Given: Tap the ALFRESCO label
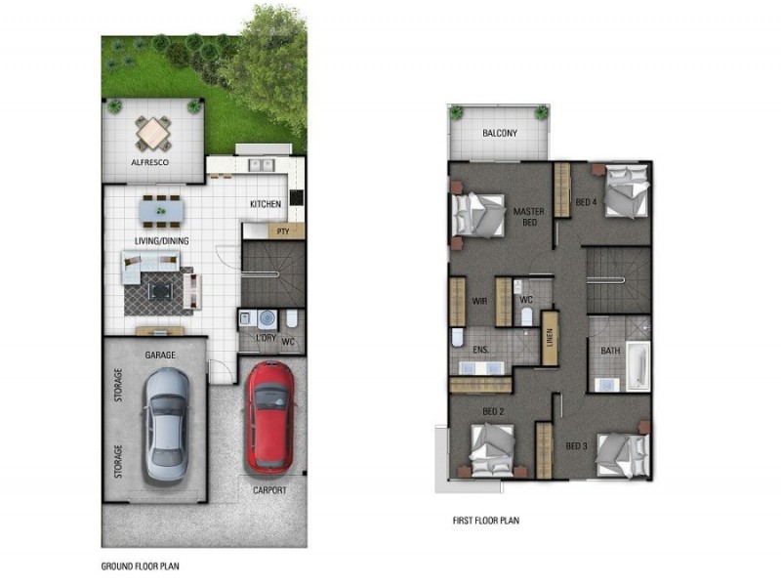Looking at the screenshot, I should [150, 163].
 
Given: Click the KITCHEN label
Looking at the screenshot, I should [265, 204].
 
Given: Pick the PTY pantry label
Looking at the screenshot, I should [284, 231].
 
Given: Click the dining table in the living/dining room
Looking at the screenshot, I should [160, 209].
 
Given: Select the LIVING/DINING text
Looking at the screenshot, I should [161, 240].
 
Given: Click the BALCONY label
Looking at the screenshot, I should [499, 134].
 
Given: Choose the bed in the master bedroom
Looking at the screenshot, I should [478, 213].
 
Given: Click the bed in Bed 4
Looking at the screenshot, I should [623, 190].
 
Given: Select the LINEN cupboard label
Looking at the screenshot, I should [550, 338].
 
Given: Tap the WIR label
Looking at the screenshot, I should [479, 302].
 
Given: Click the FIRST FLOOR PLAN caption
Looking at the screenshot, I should [485, 521].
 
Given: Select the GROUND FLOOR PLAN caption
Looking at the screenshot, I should [140, 565].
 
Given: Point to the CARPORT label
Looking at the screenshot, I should [269, 490].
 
